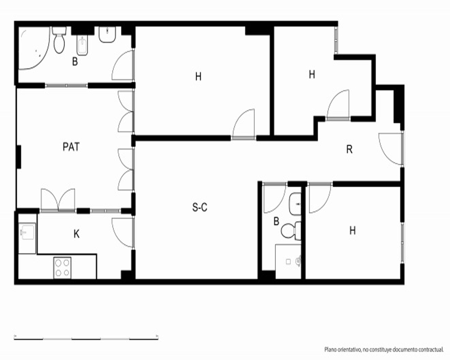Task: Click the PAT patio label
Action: coord(71,147)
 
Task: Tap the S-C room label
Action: coord(200,207)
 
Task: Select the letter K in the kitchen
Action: coord(76,234)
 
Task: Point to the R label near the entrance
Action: coord(349,149)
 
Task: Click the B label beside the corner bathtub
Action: coord(75,62)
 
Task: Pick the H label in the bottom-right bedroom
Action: coord(352,230)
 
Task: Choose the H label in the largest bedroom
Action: coord(198,76)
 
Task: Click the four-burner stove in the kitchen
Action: coord(62,268)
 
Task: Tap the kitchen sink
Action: coord(27,232)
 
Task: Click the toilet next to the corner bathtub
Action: coord(59,40)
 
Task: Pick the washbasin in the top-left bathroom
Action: coord(108,35)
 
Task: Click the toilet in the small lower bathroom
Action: coord(291,231)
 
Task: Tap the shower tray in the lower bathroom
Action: coord(288,261)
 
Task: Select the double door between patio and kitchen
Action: coord(58,200)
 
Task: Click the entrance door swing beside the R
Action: coord(391,148)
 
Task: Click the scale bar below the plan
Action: coord(86,338)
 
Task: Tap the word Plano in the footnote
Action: coord(330,349)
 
